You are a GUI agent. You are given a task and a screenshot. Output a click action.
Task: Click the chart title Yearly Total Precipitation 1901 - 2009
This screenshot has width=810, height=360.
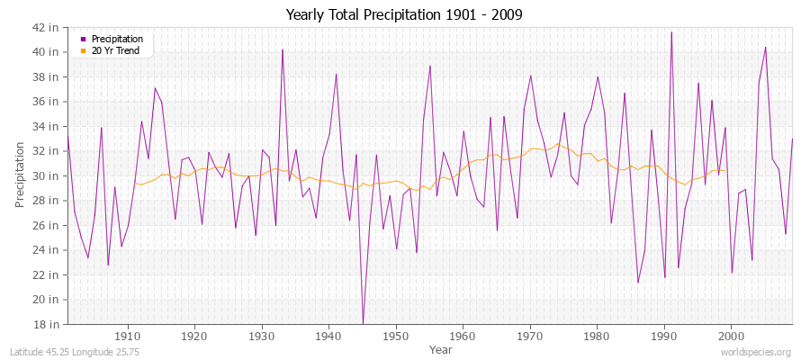[404, 15]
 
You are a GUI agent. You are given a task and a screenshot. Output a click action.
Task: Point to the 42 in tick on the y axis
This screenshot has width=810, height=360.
[46, 27]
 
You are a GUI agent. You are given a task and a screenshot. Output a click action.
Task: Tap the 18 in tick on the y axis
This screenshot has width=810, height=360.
[46, 324]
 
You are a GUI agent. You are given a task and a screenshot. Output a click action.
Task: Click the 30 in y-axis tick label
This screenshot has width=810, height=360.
[46, 175]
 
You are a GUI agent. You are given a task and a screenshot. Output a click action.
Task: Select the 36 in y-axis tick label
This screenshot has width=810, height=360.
[46, 102]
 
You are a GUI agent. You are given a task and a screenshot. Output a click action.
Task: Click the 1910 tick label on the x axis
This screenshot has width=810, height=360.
[127, 336]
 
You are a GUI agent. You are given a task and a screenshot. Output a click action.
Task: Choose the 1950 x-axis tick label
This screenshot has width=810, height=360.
[395, 336]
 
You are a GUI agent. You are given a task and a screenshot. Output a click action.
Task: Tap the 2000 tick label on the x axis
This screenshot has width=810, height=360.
[731, 336]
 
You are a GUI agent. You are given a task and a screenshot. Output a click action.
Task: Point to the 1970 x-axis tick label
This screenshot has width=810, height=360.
[529, 336]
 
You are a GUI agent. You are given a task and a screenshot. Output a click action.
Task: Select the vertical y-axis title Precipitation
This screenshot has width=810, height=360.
[20, 175]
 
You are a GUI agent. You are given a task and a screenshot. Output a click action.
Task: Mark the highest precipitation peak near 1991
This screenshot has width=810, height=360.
[670, 32]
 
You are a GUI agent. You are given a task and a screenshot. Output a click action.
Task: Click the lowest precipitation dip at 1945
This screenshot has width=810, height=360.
[363, 322]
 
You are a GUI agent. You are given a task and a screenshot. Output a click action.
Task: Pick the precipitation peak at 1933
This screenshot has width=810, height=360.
[283, 49]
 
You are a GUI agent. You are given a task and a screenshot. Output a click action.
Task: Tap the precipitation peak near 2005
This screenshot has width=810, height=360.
[765, 47]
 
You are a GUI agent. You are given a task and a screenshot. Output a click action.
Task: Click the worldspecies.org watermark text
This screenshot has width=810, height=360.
[756, 352]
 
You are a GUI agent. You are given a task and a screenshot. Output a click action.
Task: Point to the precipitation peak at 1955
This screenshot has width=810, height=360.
[430, 66]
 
